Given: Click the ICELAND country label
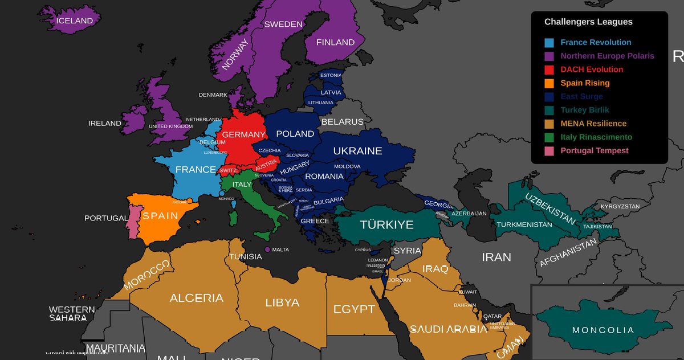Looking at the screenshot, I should click(x=74, y=21).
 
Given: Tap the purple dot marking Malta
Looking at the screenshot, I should click(x=267, y=249).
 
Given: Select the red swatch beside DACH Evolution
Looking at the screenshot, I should click(x=549, y=69).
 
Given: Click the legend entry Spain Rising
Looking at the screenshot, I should click(x=585, y=83).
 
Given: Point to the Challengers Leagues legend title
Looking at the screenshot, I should click(x=588, y=22).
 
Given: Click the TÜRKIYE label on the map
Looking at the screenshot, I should click(x=386, y=225).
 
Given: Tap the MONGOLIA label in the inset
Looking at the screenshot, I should click(x=602, y=330).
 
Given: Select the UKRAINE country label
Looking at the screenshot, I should click(x=357, y=151).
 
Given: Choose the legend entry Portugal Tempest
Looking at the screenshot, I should click(x=594, y=151).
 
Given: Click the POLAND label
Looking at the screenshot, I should click(x=295, y=134).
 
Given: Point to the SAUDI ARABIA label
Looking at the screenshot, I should click(x=449, y=329).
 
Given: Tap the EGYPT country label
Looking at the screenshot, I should click(x=354, y=310).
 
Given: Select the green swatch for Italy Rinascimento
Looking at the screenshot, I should click(x=549, y=137).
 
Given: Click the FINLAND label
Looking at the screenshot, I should click(x=335, y=42).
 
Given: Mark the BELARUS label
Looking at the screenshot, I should click(x=342, y=122).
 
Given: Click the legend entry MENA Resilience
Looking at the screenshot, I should click(x=593, y=124).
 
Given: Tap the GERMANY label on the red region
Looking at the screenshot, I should click(x=243, y=134).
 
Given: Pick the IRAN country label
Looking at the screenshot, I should click(x=496, y=257).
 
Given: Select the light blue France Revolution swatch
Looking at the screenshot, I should click(x=549, y=43).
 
